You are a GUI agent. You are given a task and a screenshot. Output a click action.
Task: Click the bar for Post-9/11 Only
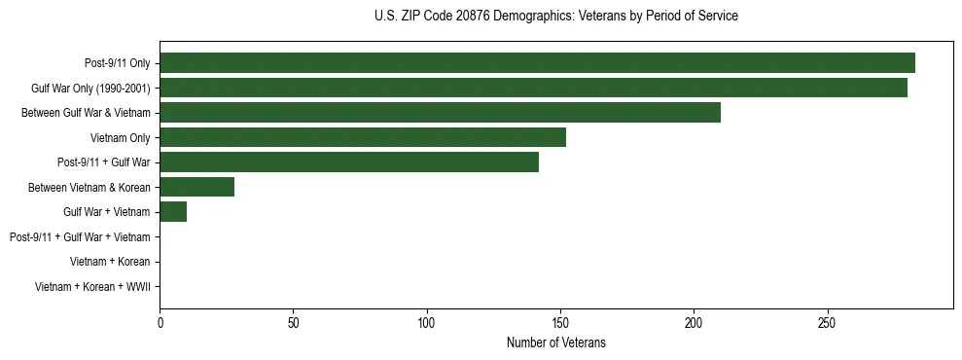click(537, 63)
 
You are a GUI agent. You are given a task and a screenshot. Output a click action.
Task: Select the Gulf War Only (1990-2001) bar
click(533, 88)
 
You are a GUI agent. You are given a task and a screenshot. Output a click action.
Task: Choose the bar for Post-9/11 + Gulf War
click(349, 162)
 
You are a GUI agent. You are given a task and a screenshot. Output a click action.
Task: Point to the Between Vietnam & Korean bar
click(196, 187)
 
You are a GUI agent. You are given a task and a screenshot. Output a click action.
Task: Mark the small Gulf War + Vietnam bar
click(173, 212)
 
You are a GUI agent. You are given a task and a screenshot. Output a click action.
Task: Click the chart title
click(555, 17)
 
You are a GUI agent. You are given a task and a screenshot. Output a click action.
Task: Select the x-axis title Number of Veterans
click(555, 342)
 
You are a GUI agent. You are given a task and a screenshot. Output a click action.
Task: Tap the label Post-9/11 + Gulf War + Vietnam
click(80, 237)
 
